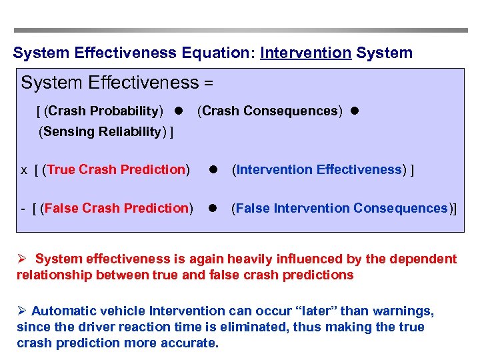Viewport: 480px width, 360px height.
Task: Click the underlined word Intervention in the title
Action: click(x=305, y=53)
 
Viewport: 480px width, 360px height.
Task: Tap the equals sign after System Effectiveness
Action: click(x=209, y=83)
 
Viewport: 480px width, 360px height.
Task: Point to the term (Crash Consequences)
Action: click(x=270, y=111)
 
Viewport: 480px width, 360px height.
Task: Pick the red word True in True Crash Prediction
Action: click(x=61, y=169)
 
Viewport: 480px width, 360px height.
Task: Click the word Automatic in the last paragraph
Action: click(x=61, y=311)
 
